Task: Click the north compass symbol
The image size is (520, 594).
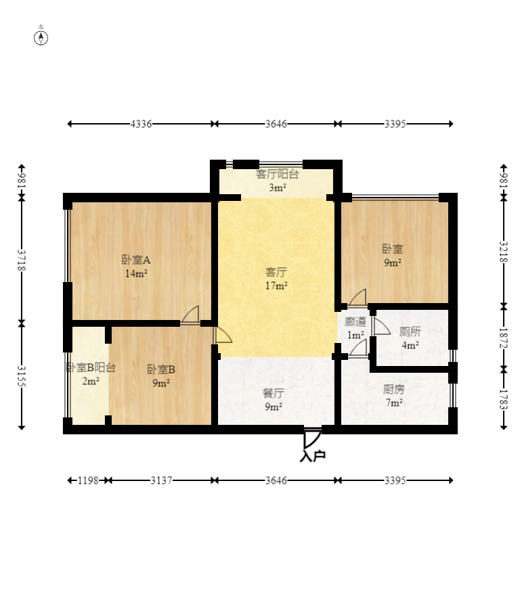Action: pyautogui.click(x=41, y=38)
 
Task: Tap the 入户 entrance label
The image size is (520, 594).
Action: pyautogui.click(x=313, y=456)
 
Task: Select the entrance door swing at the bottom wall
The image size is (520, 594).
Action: pyautogui.click(x=312, y=438)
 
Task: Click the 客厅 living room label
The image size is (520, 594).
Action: pyautogui.click(x=276, y=272)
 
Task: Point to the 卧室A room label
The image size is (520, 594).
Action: pyautogui.click(x=136, y=260)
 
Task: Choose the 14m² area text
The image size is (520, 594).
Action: pyautogui.click(x=137, y=273)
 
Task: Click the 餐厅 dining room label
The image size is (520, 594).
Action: pyautogui.click(x=274, y=393)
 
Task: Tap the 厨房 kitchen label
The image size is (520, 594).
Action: pyautogui.click(x=394, y=389)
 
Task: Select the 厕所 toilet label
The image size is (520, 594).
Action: pyautogui.click(x=410, y=332)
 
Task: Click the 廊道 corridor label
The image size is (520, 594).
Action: pyautogui.click(x=355, y=321)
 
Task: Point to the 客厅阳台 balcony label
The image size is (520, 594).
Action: pyautogui.click(x=278, y=174)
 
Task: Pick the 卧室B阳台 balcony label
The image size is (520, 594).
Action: pyautogui.click(x=91, y=367)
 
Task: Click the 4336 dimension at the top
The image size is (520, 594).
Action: pyautogui.click(x=141, y=124)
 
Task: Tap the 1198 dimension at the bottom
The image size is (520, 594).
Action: pyautogui.click(x=88, y=481)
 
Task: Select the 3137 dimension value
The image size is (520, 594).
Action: pyautogui.click(x=161, y=481)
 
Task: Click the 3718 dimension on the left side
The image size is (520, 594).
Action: pyautogui.click(x=22, y=260)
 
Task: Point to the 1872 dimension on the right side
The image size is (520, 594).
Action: pyautogui.click(x=503, y=338)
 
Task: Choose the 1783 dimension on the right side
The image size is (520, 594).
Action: pyautogui.click(x=503, y=400)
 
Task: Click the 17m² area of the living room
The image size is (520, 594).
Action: pyautogui.click(x=276, y=285)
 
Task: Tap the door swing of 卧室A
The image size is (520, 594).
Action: pyautogui.click(x=190, y=315)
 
